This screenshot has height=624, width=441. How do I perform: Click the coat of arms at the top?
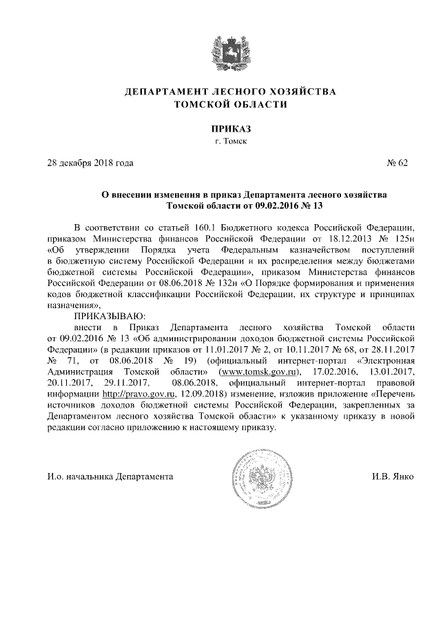(x=220, y=52)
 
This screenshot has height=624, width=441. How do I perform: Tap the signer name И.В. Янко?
(x=392, y=477)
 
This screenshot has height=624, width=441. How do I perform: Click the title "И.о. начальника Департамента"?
(x=110, y=477)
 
